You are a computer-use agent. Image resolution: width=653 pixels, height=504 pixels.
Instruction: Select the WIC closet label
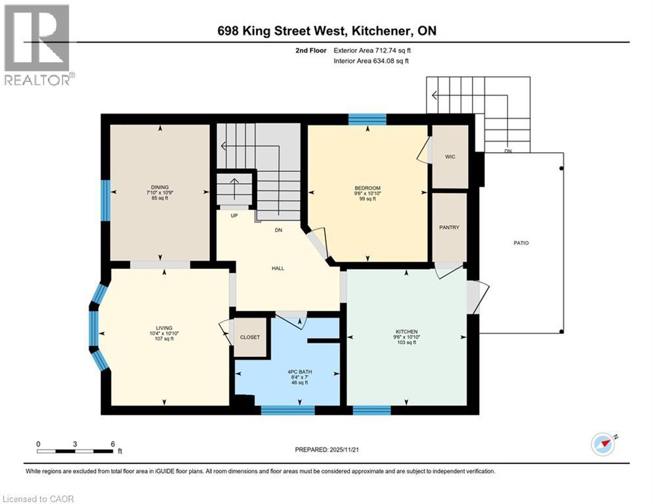point(450,157)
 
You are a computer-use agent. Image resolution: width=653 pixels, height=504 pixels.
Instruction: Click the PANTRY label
point(450,228)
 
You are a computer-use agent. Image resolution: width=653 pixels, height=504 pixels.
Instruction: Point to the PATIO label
point(521,243)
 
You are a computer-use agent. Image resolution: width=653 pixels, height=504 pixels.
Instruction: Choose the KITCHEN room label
point(407,331)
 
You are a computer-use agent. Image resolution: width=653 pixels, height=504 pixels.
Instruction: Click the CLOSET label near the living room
point(249,337)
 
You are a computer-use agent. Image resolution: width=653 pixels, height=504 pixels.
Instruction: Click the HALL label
point(278,268)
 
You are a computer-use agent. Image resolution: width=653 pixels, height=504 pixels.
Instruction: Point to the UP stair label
point(234,215)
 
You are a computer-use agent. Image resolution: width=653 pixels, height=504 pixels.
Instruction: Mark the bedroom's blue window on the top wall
point(367,119)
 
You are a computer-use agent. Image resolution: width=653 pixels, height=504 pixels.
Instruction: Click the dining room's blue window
point(104,199)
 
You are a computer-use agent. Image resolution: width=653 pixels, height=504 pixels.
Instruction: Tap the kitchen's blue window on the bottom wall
point(371,410)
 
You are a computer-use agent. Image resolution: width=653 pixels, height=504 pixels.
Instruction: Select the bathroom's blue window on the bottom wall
point(287,410)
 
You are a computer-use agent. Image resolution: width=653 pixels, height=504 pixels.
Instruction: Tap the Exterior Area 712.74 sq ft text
point(372,50)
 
